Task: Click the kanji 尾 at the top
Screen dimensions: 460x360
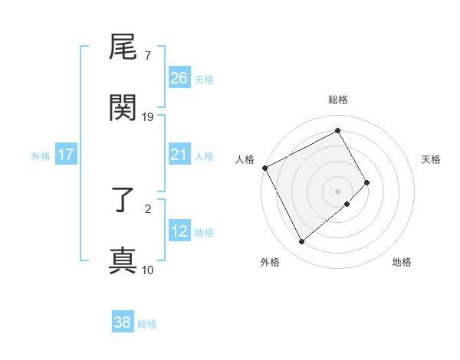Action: point(123,50)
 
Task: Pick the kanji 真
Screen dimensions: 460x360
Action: point(123,260)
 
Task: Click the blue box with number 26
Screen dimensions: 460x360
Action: point(179,77)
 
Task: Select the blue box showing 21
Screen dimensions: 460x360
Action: point(179,155)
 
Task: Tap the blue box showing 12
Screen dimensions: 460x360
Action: point(179,231)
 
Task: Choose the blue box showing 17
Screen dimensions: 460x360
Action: point(66,155)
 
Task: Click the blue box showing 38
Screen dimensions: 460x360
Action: point(123,322)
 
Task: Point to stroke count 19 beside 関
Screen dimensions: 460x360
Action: point(148,117)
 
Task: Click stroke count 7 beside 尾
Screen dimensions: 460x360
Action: point(147,56)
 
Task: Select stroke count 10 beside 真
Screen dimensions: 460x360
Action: point(148,270)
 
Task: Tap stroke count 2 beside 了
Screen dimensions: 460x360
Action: point(147,208)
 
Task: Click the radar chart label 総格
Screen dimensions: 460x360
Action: point(338,100)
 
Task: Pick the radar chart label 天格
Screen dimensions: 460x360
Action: point(431,159)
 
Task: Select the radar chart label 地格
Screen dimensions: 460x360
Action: point(402,262)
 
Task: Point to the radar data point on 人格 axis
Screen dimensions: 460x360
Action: point(264,168)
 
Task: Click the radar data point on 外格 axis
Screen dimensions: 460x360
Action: point(301,242)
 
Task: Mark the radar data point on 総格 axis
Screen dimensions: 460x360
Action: point(338,131)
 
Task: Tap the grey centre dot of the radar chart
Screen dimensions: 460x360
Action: point(338,191)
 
